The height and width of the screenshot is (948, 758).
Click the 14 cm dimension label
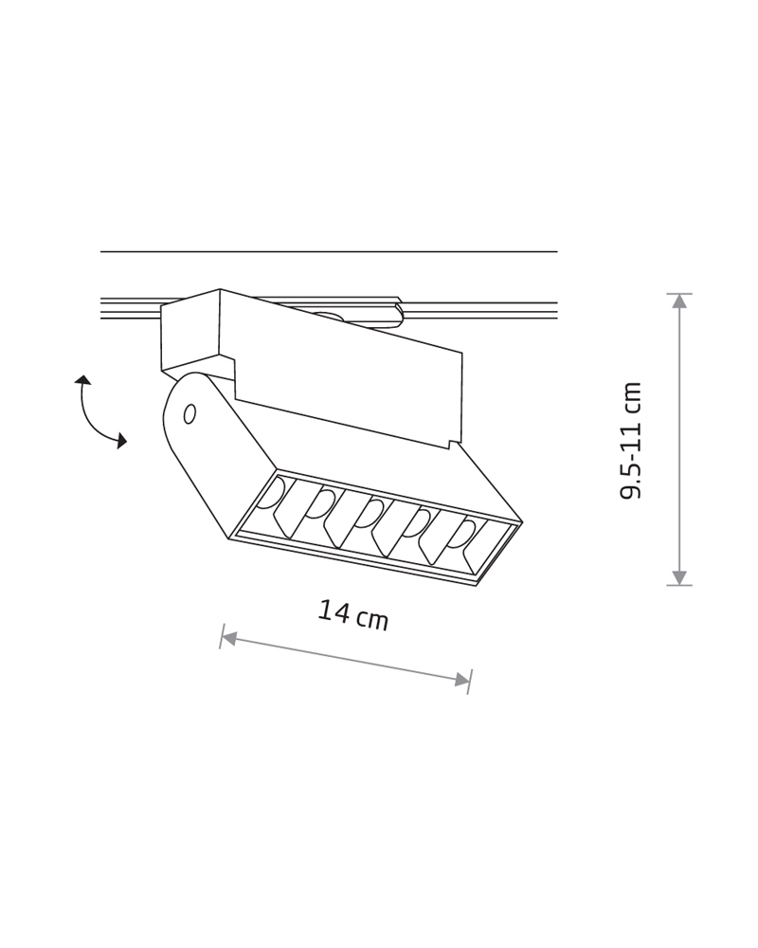(353, 615)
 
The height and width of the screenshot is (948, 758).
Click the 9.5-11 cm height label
(630, 440)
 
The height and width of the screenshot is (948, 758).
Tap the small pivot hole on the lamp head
(189, 414)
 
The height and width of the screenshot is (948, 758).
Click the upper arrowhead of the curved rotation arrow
(82, 380)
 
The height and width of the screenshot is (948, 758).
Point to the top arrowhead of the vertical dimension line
(679, 301)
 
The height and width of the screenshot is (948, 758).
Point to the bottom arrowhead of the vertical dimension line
(679, 577)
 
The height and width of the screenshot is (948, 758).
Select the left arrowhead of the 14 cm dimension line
(228, 637)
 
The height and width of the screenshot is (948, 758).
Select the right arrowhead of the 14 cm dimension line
(462, 679)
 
